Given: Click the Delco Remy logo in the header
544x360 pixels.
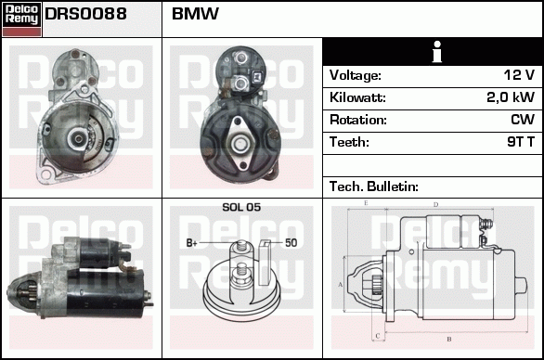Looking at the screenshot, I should coord(21,18).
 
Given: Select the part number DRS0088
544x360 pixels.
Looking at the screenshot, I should coord(85,15).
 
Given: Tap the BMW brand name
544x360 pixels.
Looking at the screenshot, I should coord(195,15).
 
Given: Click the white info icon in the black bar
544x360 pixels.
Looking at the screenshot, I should coord(432,52).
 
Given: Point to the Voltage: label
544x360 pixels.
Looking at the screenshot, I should coord(356,75).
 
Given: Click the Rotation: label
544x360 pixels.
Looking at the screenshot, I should coord(357,120).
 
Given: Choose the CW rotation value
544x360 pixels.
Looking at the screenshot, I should coord(522,120).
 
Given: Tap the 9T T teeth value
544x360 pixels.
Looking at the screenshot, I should coord(518,142).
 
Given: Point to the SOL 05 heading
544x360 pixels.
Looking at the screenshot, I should coord(241,207).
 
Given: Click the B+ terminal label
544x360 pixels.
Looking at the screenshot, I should coord(192,243).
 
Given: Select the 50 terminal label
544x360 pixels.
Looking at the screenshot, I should coord(291,243).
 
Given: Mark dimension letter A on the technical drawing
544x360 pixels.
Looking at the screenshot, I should coord(341,284).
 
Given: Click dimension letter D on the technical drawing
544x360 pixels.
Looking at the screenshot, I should coord(435,204).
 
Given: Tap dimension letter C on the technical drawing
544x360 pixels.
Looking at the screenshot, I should coord(375,336).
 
